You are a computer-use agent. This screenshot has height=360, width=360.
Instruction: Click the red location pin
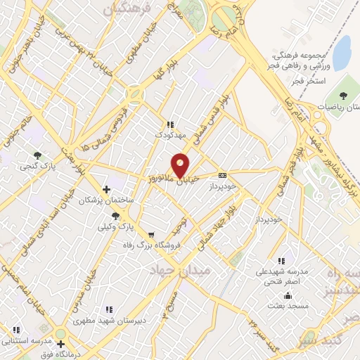click(x=181, y=165)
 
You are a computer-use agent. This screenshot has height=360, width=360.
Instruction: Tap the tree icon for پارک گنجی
click(x=37, y=155)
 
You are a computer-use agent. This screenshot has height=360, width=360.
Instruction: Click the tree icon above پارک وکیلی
click(x=115, y=216)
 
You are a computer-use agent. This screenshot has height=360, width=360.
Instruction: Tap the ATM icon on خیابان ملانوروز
click(x=223, y=175)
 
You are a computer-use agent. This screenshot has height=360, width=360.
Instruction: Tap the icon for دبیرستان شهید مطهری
click(x=108, y=309)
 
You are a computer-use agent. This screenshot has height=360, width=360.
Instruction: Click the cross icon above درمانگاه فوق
click(x=61, y=345)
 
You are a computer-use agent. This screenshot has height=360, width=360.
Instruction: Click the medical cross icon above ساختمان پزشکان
click(x=106, y=188)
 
